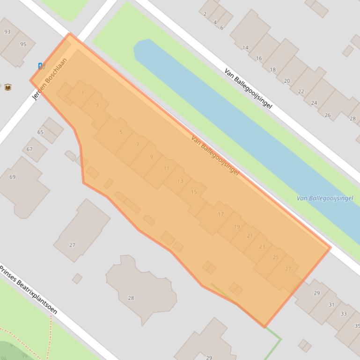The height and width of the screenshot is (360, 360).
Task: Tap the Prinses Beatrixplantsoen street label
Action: click(28, 290)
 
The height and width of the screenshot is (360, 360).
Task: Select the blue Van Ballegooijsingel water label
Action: click(325, 198)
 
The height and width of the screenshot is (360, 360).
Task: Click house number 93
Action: click(7, 32)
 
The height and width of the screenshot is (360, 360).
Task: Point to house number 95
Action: click(23, 44)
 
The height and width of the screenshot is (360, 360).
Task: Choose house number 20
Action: click(287, 81)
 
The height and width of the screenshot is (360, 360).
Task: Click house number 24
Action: click(314, 103)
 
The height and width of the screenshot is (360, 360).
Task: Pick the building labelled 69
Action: click(13, 177)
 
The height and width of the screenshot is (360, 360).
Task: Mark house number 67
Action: click(29, 149)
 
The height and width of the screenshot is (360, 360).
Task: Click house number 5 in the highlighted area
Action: click(121, 132)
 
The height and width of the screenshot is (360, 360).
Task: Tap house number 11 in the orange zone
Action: click(166, 168)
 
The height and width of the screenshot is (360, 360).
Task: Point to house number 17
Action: click(220, 214)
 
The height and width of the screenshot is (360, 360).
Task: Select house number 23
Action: click(262, 246)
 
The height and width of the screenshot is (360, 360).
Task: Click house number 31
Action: click(331, 304)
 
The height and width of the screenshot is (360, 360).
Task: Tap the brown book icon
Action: click(8, 87)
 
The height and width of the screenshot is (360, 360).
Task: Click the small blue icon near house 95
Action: click(41, 66)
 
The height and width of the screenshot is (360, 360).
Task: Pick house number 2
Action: click(205, 14)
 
